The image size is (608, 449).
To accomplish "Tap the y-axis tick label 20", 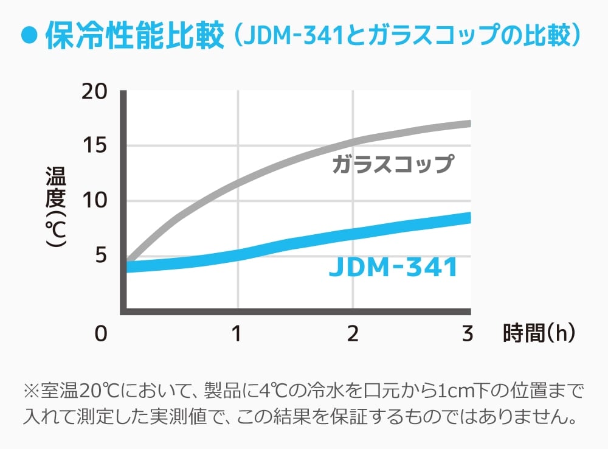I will [x=94, y=92].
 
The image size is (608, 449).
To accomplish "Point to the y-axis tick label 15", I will [x=94, y=146].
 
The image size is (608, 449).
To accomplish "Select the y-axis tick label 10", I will [x=94, y=201].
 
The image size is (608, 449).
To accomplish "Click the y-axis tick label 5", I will [x=100, y=256].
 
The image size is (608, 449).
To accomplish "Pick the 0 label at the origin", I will [x=100, y=333].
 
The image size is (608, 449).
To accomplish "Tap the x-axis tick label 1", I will [x=237, y=333].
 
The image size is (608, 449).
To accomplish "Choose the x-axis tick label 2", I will [x=353, y=333].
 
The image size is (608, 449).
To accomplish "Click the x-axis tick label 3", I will [x=468, y=333].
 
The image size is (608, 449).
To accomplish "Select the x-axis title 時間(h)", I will [x=537, y=333].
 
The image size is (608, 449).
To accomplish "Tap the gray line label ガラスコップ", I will [x=393, y=165].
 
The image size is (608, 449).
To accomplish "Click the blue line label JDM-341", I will [x=393, y=268].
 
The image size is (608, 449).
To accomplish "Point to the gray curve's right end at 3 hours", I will [x=468, y=124].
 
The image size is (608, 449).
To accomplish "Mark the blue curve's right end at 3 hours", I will [x=468, y=217].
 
